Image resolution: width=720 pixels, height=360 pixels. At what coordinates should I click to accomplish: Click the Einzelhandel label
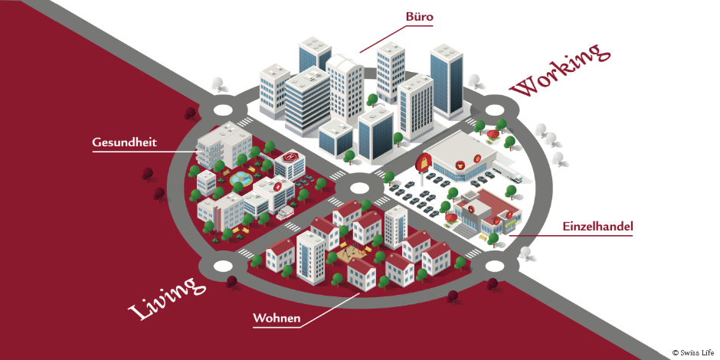pos(597,227)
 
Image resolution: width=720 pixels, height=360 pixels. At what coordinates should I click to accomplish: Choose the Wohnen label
pos(276,316)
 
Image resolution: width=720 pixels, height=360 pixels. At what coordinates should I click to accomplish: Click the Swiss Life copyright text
pos(693,352)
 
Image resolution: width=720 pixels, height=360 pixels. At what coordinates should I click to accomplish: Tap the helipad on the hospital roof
pos(289,157)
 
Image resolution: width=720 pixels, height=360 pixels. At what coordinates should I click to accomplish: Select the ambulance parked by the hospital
pos(284,212)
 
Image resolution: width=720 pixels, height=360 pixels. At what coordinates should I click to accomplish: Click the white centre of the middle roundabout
pos(359,187)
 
